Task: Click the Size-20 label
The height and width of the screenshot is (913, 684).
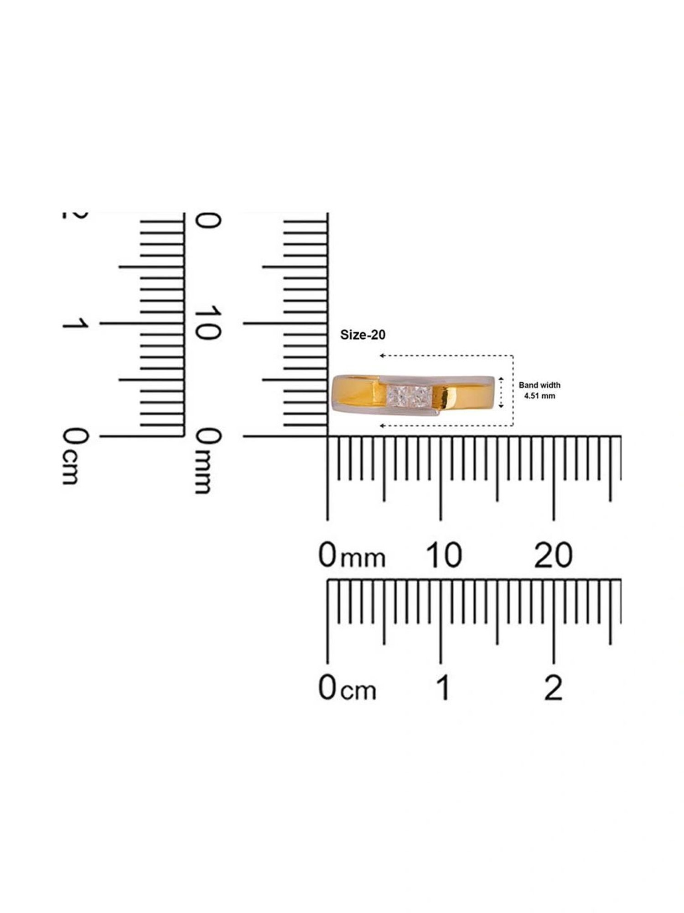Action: point(363,335)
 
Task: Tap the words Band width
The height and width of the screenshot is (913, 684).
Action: point(539,385)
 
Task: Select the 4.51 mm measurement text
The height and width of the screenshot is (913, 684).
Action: point(539,396)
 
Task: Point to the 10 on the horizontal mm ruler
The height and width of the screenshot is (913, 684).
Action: point(444,555)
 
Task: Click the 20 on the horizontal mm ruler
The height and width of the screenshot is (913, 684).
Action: point(553,555)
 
